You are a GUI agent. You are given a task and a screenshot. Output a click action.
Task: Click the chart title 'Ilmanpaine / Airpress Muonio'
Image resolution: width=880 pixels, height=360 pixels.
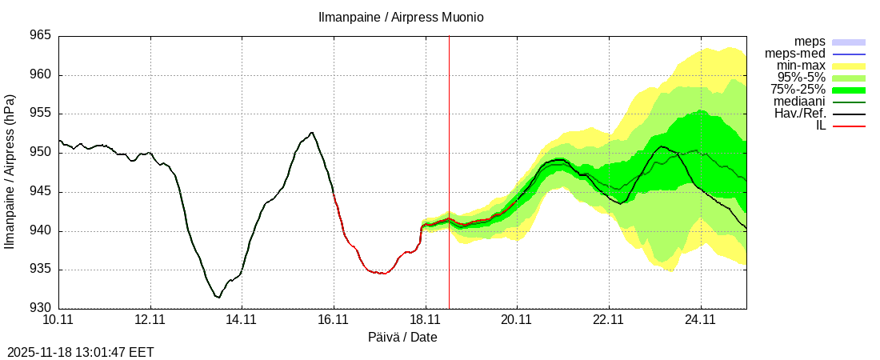point(402,17)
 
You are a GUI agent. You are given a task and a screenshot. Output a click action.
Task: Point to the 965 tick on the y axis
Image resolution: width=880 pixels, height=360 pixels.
point(41,36)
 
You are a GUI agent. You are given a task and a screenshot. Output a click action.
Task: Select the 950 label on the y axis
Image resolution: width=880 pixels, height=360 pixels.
point(41,153)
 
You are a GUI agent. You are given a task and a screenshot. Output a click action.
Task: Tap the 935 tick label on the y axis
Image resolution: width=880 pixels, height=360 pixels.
point(41,270)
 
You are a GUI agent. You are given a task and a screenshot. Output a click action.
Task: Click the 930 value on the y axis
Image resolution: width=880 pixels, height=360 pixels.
point(41,308)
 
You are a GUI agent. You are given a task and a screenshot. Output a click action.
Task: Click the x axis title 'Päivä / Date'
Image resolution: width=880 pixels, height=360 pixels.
point(402,337)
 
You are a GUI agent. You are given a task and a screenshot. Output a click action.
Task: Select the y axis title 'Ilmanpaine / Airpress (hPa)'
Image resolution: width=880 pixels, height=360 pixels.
point(10,171)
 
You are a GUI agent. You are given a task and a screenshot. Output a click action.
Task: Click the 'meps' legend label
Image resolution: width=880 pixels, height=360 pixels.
point(810,42)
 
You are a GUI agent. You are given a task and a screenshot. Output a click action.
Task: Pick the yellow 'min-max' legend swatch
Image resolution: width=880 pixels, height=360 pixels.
point(849,66)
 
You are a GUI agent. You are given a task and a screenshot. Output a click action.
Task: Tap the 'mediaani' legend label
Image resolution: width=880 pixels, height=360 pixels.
point(800,102)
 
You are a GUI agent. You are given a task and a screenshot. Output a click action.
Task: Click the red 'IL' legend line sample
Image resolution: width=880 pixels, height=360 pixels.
point(849,126)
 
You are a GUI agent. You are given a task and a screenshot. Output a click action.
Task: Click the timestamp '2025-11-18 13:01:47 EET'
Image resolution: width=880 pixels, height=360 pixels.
point(80,352)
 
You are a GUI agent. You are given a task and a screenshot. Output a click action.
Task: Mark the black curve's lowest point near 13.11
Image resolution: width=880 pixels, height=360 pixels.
point(218,298)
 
